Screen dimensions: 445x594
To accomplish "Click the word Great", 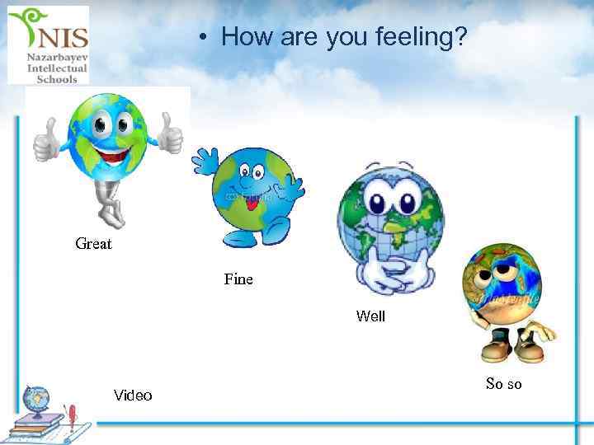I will point(93,244).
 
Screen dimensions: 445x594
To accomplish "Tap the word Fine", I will point(238,279).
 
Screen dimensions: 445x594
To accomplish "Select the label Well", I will point(370,316).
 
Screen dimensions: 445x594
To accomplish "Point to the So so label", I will point(503,384).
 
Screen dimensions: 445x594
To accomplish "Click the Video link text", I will point(133,396).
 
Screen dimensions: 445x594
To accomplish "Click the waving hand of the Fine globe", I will point(205,162).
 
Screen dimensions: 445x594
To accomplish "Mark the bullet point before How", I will point(201,37).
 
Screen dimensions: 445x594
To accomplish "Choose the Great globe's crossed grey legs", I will point(107,201).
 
